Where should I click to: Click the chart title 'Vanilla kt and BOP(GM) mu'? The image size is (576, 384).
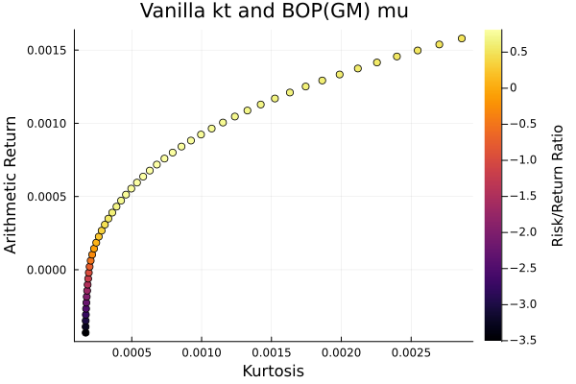(x=273, y=12)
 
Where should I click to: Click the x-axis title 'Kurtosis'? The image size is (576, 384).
(x=274, y=372)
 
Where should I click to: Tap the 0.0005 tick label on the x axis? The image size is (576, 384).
(x=132, y=353)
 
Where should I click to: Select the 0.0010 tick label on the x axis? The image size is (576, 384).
(x=202, y=353)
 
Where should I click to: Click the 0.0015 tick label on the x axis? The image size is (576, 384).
(x=271, y=353)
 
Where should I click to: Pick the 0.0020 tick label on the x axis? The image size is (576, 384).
(x=341, y=353)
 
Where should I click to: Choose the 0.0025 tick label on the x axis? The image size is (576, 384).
(x=410, y=353)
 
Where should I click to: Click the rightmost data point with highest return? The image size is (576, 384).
(x=462, y=38)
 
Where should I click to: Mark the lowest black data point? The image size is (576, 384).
(x=85, y=332)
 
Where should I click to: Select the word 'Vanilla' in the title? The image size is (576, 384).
(x=171, y=12)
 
